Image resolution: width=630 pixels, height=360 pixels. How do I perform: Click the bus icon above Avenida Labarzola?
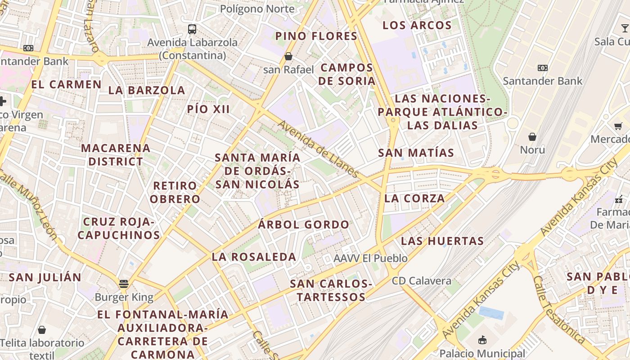[x=192, y=29]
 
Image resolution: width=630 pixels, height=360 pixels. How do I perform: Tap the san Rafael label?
[x=288, y=70]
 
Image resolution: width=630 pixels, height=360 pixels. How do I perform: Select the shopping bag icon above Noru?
[x=532, y=136]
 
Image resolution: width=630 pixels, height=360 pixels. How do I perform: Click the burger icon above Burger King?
[x=124, y=284]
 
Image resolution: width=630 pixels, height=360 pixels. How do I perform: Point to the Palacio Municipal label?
[x=482, y=353]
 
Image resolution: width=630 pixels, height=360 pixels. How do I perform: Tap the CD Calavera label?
[x=421, y=281]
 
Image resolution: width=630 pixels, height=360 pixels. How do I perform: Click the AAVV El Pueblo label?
[x=370, y=258]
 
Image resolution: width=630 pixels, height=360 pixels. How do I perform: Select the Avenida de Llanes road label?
[x=318, y=148]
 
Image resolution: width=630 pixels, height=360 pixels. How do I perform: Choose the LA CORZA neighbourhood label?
[x=414, y=198]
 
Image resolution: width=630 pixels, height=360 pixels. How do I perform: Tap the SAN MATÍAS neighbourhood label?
[x=416, y=153]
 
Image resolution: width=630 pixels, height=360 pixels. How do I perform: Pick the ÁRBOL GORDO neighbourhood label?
[x=304, y=225]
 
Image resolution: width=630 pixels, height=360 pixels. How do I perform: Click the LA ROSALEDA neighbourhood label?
[x=254, y=257]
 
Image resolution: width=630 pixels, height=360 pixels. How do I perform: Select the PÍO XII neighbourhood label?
[x=208, y=109]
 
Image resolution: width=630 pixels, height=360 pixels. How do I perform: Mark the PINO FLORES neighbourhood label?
[x=316, y=36]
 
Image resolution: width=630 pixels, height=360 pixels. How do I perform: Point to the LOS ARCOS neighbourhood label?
[x=417, y=25]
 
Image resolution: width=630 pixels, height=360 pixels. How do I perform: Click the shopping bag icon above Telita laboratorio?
[x=42, y=330]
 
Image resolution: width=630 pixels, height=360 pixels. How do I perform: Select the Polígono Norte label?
[x=257, y=9]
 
